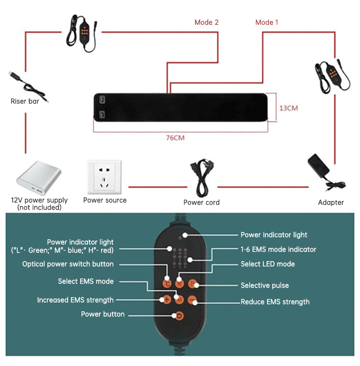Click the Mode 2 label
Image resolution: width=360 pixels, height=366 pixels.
(206, 22)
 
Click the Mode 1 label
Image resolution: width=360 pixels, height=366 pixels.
(267, 22)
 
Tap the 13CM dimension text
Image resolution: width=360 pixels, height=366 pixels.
(288, 108)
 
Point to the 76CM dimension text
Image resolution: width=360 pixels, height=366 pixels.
(175, 138)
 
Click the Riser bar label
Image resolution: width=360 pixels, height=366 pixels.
(25, 101)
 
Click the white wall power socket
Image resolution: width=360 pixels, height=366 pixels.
(105, 176)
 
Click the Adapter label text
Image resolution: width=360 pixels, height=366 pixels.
(331, 202)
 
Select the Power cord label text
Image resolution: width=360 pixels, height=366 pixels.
(201, 202)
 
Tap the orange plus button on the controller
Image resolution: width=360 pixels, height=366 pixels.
(167, 299)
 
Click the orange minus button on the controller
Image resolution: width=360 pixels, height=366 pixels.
(192, 300)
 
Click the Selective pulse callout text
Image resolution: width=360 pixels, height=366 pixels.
(265, 285)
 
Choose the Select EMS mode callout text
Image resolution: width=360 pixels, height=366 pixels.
(86, 281)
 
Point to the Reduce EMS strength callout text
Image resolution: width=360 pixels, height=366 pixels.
(275, 302)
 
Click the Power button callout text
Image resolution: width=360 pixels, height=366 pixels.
(103, 314)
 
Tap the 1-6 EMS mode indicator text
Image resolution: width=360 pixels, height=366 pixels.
(278, 249)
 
